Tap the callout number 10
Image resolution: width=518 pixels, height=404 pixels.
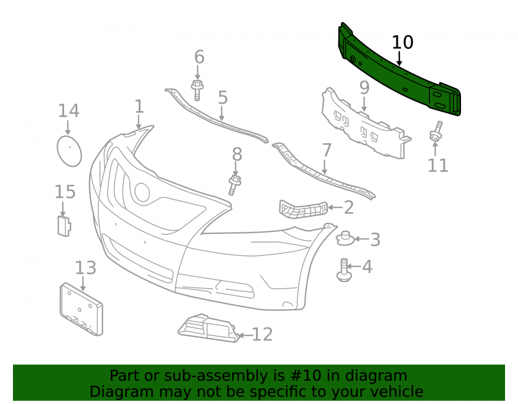coord(402,42)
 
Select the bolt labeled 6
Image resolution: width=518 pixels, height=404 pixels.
coord(197,89)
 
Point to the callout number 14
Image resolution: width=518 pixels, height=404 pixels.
coord(69,111)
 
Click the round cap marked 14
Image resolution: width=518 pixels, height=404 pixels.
coord(69,151)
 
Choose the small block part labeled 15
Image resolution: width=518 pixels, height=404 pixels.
coord(64,226)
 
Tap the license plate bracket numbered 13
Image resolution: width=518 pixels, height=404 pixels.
coord(81,309)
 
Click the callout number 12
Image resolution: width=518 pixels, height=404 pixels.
coord(262,334)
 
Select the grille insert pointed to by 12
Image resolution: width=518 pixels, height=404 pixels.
coord(208,328)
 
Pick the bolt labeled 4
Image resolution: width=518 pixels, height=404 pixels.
coord(344,270)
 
